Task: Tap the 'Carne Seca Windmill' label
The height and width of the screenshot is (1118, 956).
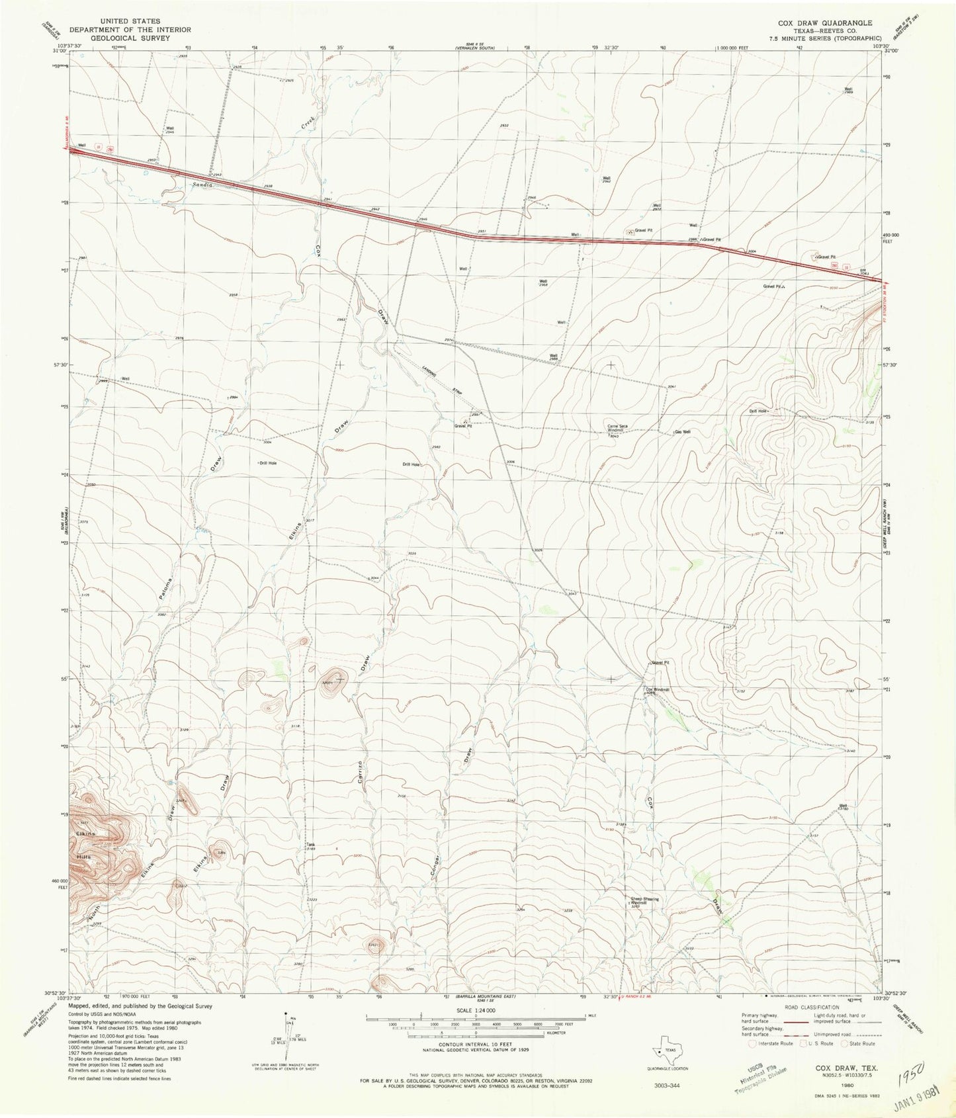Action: click(x=618, y=429)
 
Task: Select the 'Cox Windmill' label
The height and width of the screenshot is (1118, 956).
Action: click(x=658, y=689)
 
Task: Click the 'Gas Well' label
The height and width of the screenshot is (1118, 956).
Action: click(x=683, y=432)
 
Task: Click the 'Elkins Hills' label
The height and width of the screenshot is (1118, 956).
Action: click(x=85, y=845)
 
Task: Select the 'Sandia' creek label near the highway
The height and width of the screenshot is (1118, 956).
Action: click(x=202, y=185)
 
